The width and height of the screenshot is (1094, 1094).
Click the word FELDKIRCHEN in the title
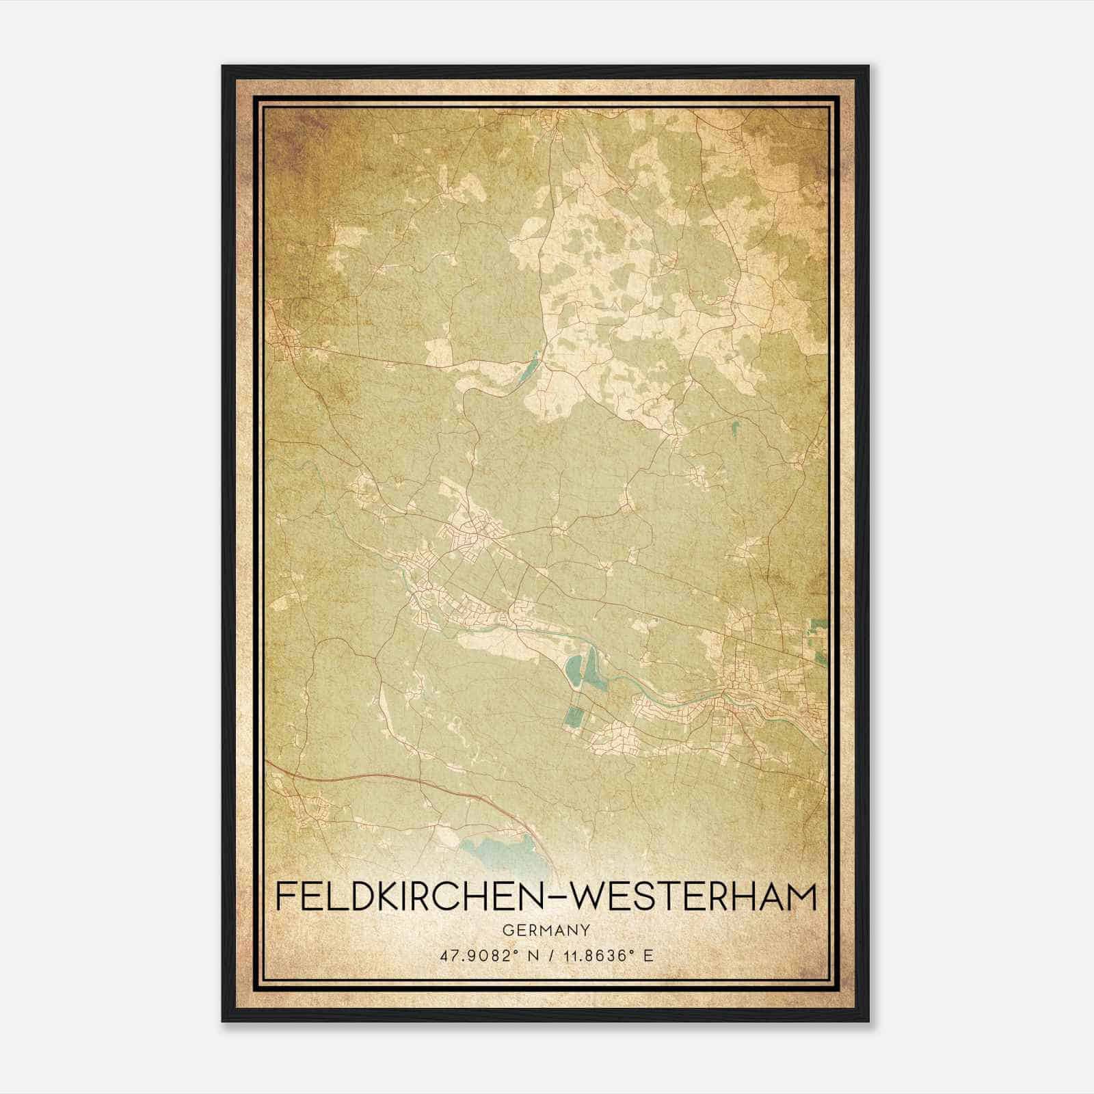tap(401, 897)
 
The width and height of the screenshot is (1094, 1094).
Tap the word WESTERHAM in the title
tap(691, 897)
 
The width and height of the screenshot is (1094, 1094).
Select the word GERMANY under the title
tap(546, 930)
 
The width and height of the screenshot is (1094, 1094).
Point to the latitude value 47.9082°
tap(475, 955)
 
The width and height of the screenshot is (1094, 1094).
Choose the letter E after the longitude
tap(648, 955)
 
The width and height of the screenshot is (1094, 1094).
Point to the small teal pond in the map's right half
tap(736, 429)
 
